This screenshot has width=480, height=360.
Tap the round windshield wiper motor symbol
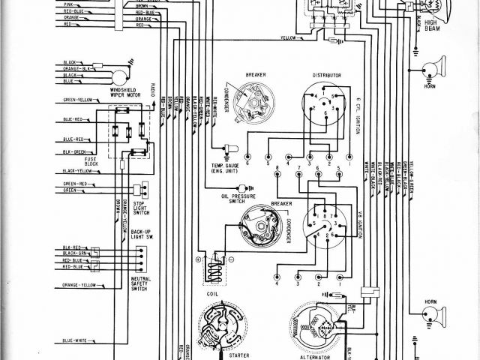(x=118, y=76)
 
